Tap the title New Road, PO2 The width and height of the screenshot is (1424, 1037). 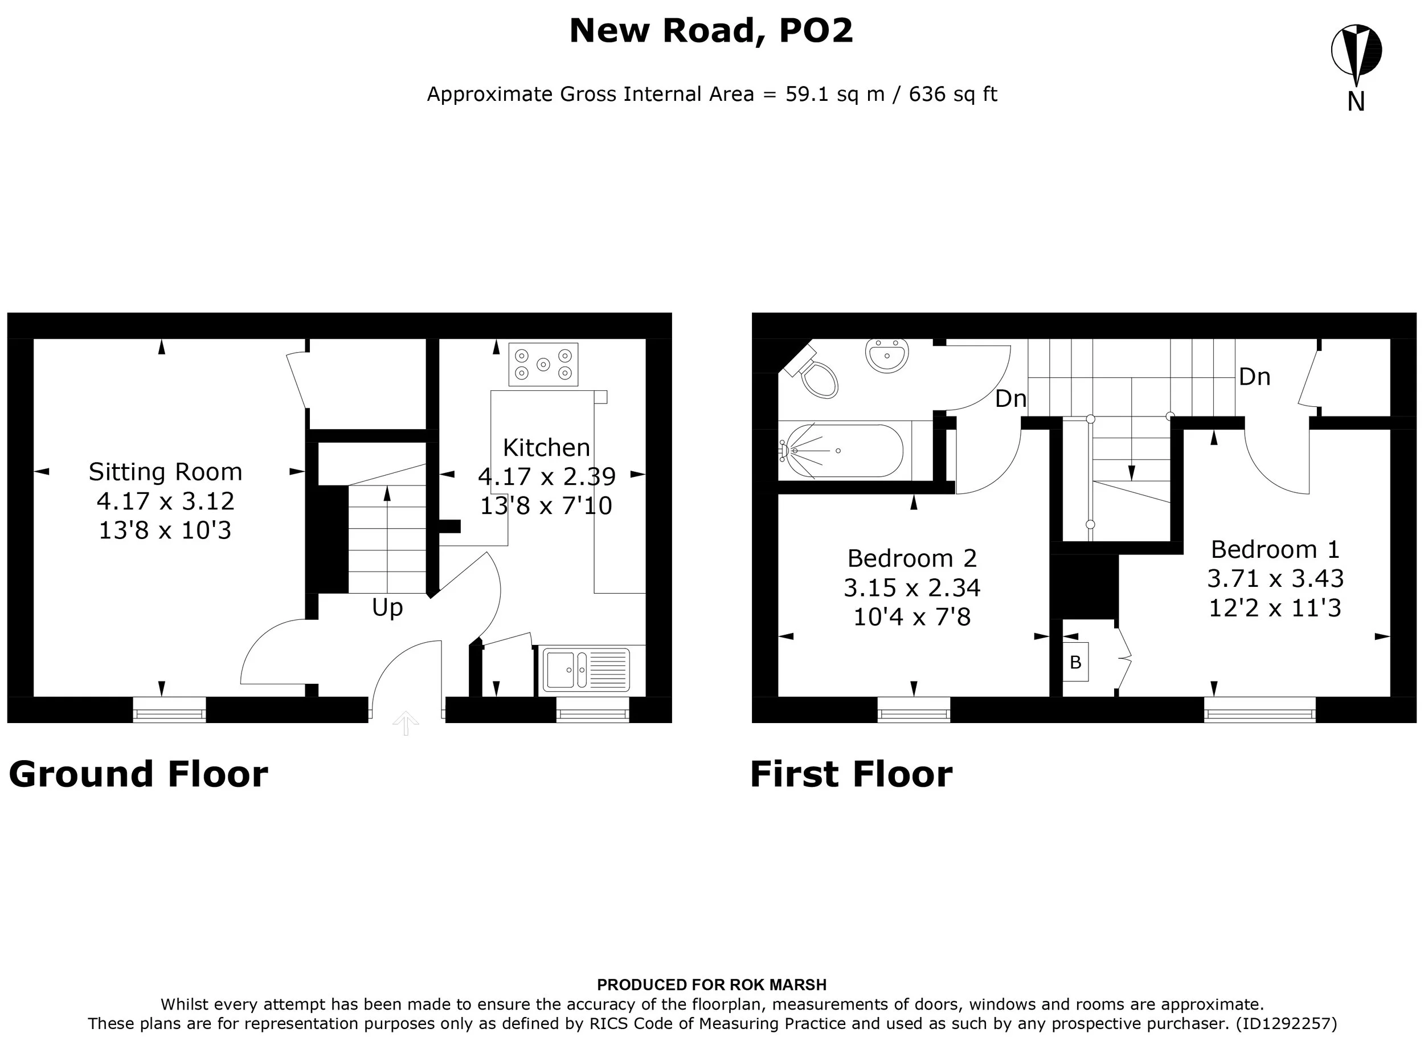point(711,30)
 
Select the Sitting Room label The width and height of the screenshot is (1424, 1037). point(165,472)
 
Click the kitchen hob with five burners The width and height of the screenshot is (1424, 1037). point(543,364)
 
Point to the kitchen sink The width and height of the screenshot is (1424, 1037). point(586,669)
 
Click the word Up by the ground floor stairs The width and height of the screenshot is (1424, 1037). point(387,607)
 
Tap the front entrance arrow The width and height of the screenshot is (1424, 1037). point(406,722)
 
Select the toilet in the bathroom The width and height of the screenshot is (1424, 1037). point(814,374)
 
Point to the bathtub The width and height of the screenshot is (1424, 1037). point(845,450)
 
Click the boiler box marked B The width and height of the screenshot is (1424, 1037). point(1075,662)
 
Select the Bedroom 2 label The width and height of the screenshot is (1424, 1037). point(912,558)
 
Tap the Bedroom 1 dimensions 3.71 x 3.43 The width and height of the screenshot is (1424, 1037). point(1275,578)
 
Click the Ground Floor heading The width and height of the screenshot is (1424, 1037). point(138,774)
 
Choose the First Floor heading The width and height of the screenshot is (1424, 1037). point(852,774)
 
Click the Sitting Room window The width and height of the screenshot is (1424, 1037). point(170,710)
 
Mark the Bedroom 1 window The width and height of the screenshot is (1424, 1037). point(1259,710)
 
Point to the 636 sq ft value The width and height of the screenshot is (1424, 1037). point(953,94)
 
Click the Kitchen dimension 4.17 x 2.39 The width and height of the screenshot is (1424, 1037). point(546,477)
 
